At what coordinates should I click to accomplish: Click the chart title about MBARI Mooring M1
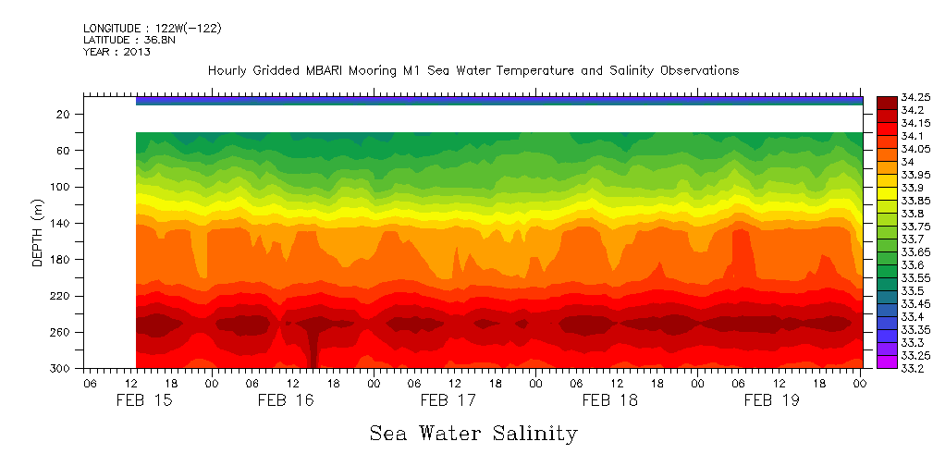click(473, 71)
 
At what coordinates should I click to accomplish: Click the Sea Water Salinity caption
click(473, 433)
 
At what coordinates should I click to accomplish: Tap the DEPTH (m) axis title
click(38, 232)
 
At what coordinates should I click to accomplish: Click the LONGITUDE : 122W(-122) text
click(152, 28)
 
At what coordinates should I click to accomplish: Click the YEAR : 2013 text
click(117, 52)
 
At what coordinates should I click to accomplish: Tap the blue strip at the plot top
click(499, 101)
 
